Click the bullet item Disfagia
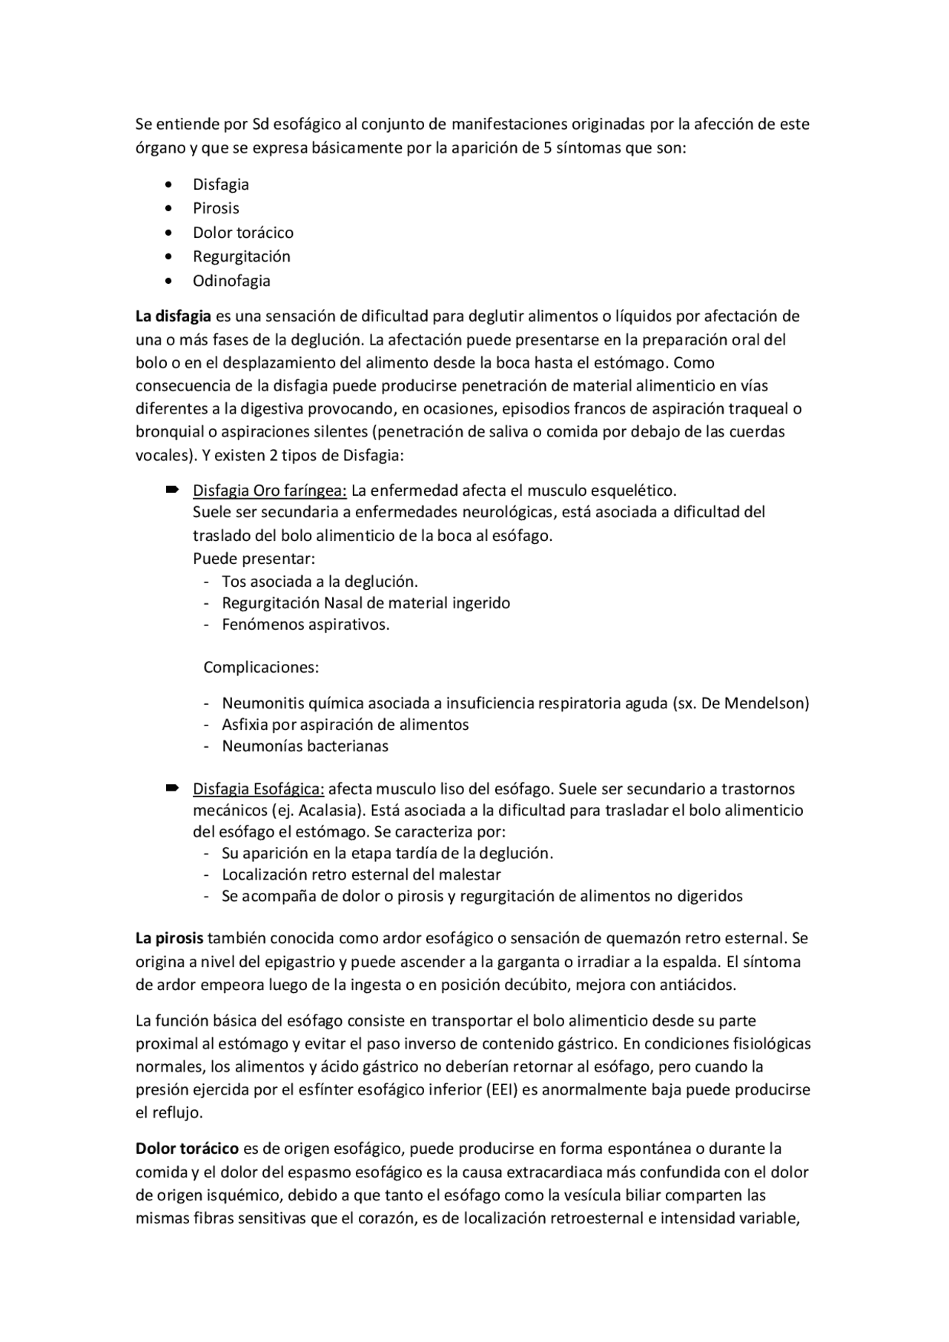(220, 185)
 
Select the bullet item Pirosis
(216, 208)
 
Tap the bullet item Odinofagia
(231, 281)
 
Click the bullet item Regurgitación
(241, 256)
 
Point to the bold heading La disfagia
(173, 316)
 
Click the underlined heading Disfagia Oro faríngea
(269, 491)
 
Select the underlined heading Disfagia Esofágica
(258, 788)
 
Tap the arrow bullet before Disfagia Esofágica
(172, 787)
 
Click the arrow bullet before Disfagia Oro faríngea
(172, 489)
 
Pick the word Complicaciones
(261, 667)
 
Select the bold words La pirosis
(169, 938)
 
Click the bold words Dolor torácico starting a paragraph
(187, 1149)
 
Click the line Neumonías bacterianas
(305, 746)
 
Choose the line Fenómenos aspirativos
(305, 625)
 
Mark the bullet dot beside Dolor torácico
(171, 233)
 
